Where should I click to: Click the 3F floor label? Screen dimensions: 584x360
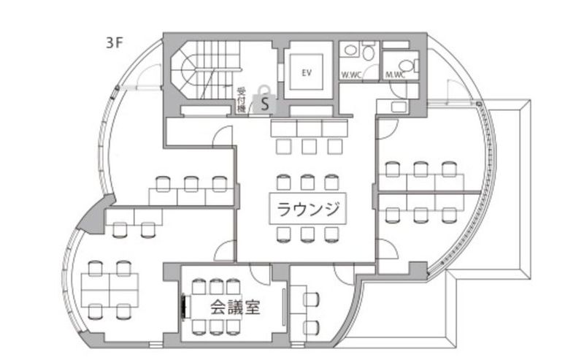pos(114,43)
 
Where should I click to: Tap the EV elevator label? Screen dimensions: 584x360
pos(306,73)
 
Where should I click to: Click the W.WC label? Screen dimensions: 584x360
pos(351,75)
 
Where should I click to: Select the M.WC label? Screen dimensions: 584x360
pos(395,75)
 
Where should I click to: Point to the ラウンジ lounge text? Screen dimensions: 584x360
pos(308,209)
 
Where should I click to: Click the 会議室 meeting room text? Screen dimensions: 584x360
pos(235,307)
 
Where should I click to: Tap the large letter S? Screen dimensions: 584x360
pos(265,104)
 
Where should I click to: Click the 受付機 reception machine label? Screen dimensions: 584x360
pos(241,100)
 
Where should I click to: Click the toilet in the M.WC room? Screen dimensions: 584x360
pos(408,66)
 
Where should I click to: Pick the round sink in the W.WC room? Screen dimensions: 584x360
pos(350,50)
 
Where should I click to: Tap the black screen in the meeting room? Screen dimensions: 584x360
pos(183,307)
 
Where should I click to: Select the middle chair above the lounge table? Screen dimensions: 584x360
pos(307,182)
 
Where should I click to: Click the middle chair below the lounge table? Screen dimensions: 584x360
pos(307,235)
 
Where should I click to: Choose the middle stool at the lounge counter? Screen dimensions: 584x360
pos(309,146)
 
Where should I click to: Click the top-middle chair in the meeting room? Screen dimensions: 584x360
pos(216,286)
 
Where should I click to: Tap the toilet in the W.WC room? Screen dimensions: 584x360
pos(369,52)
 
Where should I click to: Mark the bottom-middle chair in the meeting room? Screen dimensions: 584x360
pos(216,327)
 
